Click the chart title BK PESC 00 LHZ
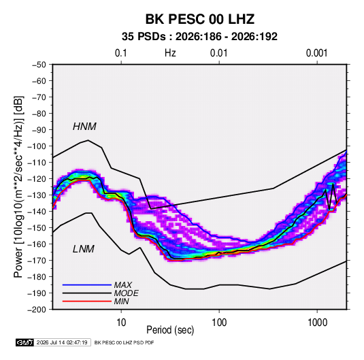pyautogui.click(x=199, y=19)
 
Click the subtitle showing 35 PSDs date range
pyautogui.click(x=199, y=37)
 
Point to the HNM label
pyautogui.click(x=84, y=127)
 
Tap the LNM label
pyautogui.click(x=83, y=249)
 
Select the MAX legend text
pyautogui.click(x=122, y=285)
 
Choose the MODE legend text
pyautogui.click(x=126, y=293)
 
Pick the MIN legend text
pyautogui.click(x=121, y=301)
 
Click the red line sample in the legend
pyautogui.click(x=87, y=301)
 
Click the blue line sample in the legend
pyautogui.click(x=87, y=285)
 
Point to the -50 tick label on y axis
pyautogui.click(x=39, y=65)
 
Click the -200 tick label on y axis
pyautogui.click(x=37, y=310)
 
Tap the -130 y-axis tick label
pyautogui.click(x=37, y=195)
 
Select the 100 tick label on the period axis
pyautogui.click(x=219, y=323)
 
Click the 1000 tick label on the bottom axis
pyautogui.click(x=317, y=323)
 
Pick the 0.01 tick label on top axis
pyautogui.click(x=218, y=53)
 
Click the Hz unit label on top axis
pyautogui.click(x=170, y=53)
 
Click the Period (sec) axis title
pyautogui.click(x=170, y=330)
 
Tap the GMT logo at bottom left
pyautogui.click(x=24, y=342)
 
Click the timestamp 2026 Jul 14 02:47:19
pyautogui.click(x=62, y=342)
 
